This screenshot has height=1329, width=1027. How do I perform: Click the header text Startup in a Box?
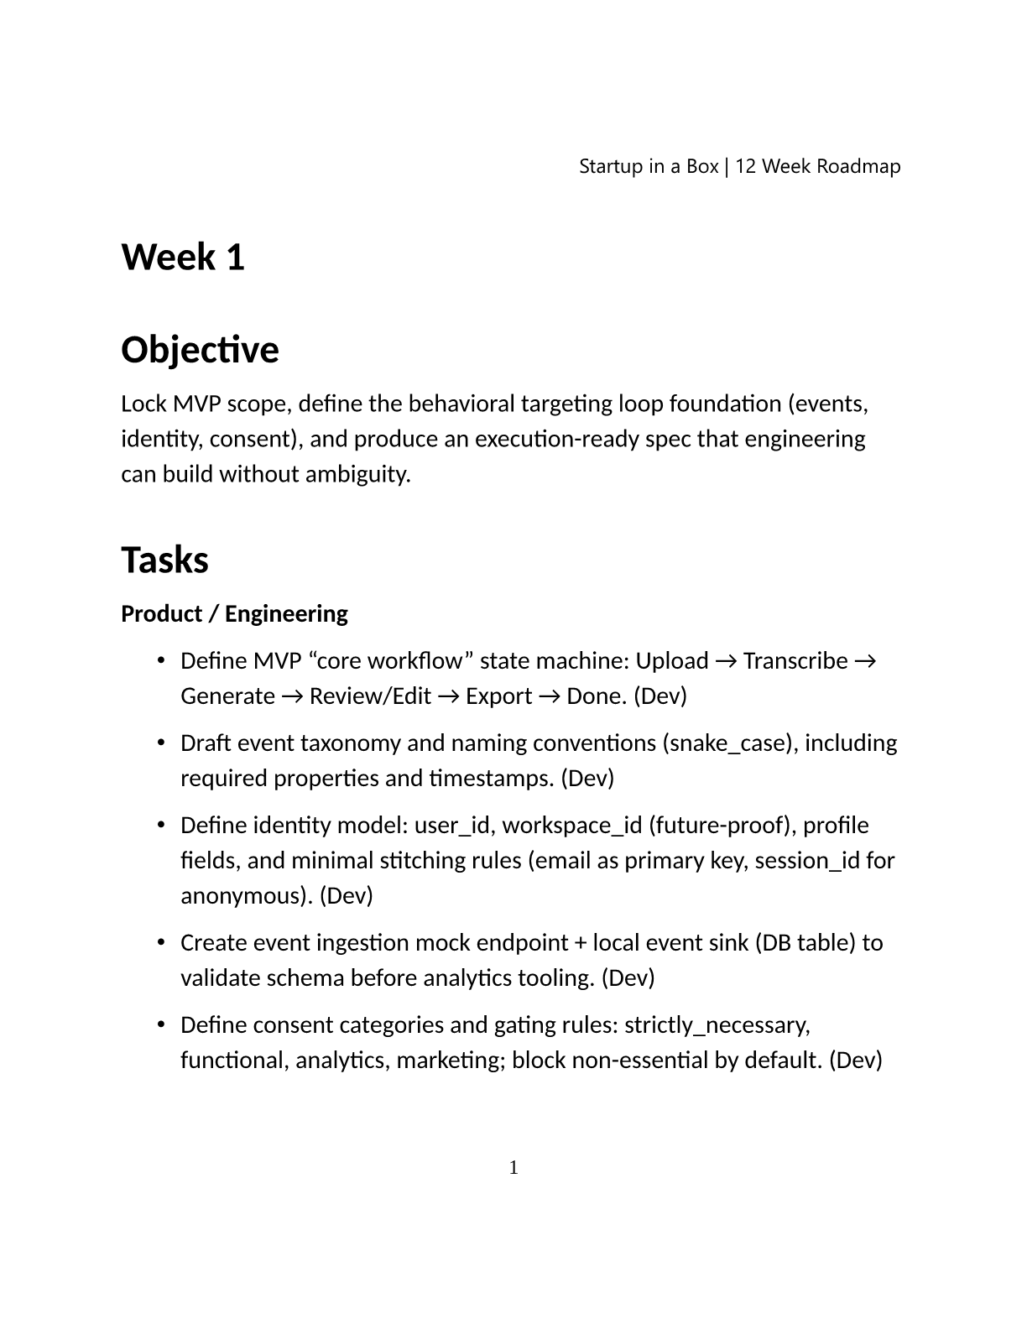648,166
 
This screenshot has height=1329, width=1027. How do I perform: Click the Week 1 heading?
183,257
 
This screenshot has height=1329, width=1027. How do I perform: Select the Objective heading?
200,350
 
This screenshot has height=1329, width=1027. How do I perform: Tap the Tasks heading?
164,560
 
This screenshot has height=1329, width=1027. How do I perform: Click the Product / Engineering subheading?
234,614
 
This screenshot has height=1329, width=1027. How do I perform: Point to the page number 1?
513,1167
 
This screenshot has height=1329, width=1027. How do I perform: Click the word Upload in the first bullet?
671,661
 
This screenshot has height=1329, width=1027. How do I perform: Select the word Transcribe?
795,661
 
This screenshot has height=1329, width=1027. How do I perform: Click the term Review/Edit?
370,696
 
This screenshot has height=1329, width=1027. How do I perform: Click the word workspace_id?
574,826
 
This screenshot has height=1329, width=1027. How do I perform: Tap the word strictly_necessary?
716,1025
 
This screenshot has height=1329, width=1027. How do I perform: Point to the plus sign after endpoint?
581,943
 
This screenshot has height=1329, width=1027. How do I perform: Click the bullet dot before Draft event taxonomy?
161,743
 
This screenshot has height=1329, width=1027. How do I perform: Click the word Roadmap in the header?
858,166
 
